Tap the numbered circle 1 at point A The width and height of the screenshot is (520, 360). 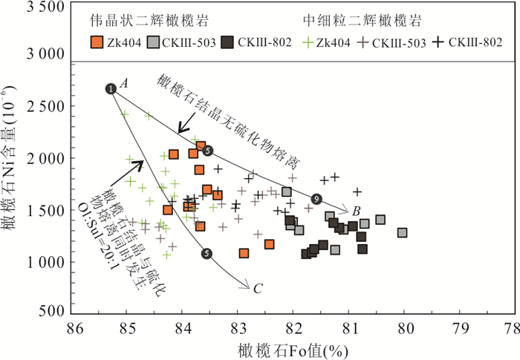(111, 89)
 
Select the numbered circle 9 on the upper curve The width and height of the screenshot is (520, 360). (317, 199)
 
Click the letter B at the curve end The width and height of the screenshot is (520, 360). (357, 210)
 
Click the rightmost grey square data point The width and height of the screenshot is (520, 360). (402, 232)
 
